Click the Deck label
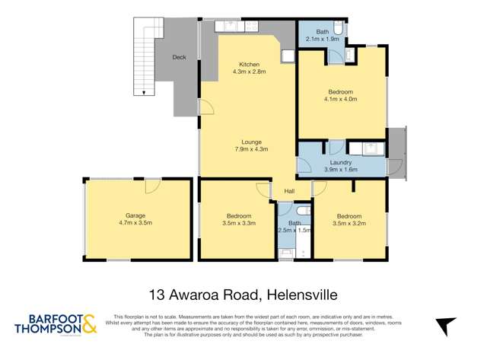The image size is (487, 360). tap(179, 57)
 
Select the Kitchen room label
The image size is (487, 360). tap(249, 64)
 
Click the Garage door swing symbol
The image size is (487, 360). tap(152, 186)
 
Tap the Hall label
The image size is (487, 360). tap(289, 191)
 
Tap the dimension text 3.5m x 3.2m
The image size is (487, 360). tap(350, 225)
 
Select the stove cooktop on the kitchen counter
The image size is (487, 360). tap(251, 27)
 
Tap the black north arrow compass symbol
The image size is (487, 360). tap(444, 327)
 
